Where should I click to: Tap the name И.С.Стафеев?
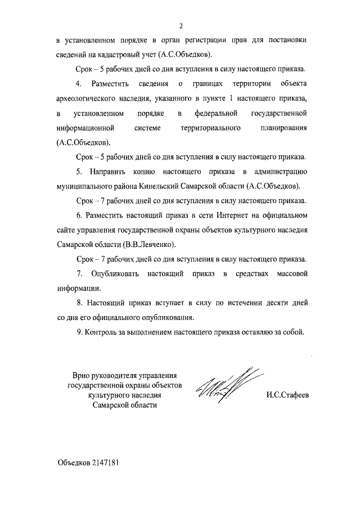click(288, 395)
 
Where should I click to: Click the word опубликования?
click(164, 317)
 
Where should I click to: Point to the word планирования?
click(282, 128)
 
